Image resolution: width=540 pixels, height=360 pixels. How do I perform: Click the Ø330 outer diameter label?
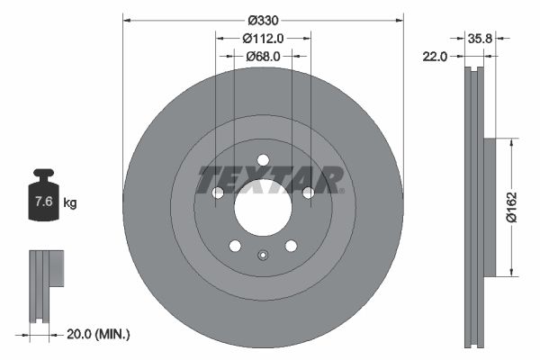262,20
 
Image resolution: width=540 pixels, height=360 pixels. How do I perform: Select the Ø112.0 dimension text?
263,38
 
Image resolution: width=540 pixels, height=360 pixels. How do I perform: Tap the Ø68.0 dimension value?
263,56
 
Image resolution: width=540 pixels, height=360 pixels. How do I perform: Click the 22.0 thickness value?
435,57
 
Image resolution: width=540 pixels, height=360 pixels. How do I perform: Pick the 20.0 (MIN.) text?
99,334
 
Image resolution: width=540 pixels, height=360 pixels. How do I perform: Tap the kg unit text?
70,203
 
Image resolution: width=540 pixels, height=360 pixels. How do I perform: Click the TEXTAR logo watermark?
270,179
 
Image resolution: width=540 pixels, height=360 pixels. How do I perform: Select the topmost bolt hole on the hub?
263,161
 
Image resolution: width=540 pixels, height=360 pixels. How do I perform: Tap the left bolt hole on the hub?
218,193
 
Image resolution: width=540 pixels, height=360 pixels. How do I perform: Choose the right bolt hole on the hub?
308,193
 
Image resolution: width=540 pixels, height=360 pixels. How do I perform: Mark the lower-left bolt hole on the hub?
235,246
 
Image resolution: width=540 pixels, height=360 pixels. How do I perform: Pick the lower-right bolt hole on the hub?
291,246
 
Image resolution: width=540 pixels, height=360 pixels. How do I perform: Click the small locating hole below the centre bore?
263,255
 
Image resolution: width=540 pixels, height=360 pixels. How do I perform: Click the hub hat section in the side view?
490,207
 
